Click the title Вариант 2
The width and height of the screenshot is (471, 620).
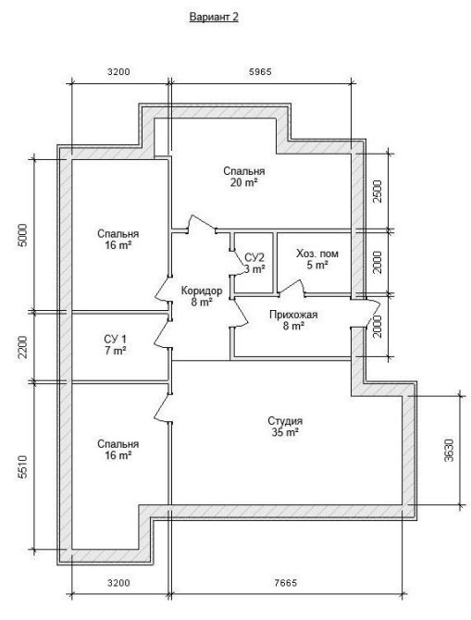[x=214, y=17]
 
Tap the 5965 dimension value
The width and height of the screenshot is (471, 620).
[x=260, y=71]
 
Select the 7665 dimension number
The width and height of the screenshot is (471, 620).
[x=285, y=582]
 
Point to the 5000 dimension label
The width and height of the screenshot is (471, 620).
[x=23, y=235]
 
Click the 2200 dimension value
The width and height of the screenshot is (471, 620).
[x=23, y=347]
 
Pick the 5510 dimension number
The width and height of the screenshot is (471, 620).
[x=23, y=466]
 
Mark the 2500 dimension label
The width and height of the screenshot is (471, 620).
[x=378, y=192]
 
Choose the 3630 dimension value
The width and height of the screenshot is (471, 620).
[x=449, y=451]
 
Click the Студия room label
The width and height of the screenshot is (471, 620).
[x=285, y=421]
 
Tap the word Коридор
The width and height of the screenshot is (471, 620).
[x=202, y=291]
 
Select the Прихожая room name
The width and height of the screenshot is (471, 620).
[x=293, y=315]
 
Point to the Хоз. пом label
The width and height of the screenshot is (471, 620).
[x=317, y=254]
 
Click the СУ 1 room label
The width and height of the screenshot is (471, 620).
[x=116, y=339]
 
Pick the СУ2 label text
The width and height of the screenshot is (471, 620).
[x=254, y=258]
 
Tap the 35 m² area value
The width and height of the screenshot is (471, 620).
[x=285, y=432]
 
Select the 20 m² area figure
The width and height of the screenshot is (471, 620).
[x=244, y=182]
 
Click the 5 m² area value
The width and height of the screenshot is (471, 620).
[x=317, y=265]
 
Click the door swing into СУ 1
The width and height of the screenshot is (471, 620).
[x=161, y=334]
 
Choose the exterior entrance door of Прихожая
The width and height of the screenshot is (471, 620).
[x=372, y=313]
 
